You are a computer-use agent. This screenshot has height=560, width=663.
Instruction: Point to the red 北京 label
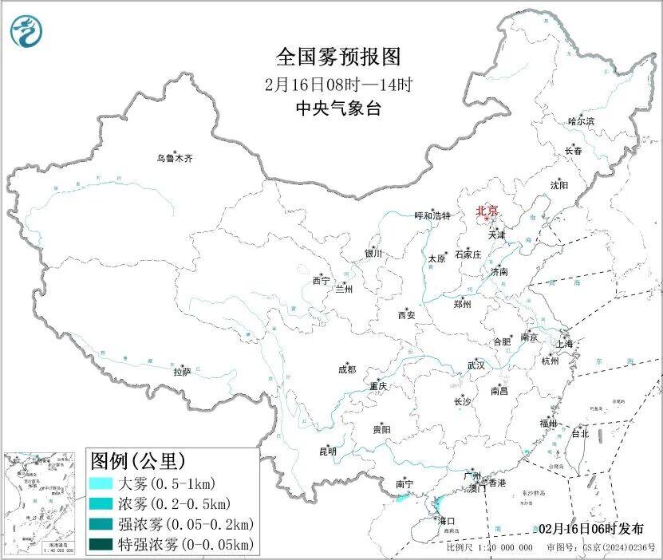(x=486, y=211)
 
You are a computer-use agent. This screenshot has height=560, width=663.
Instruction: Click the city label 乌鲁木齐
(x=174, y=158)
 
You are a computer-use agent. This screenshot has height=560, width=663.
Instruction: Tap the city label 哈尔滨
(x=581, y=121)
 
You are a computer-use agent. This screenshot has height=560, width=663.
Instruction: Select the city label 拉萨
(x=182, y=371)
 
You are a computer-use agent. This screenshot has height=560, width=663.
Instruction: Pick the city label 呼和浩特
(x=432, y=216)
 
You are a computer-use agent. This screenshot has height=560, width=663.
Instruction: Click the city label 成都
(x=347, y=369)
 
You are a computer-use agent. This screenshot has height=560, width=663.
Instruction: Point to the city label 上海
(x=565, y=344)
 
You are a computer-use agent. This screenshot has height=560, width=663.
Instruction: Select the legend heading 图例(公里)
(x=138, y=461)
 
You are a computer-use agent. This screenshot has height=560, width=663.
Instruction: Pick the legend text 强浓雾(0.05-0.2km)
(x=185, y=524)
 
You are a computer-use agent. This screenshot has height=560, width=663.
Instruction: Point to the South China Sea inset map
(x=40, y=502)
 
